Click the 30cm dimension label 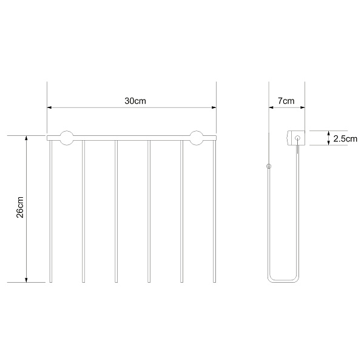[x=135, y=101]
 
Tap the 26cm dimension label [x=20, y=207]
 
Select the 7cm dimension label [x=286, y=101]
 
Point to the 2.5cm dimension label [x=345, y=139]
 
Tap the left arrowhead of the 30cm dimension [x=49, y=107]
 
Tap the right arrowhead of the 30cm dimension [x=214, y=107]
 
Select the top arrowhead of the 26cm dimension [x=26, y=138]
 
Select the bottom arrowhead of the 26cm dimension [x=26, y=280]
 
